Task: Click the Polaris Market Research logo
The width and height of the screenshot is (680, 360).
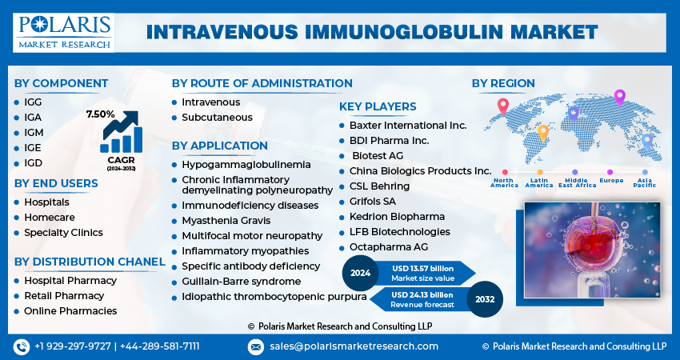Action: [x=64, y=33]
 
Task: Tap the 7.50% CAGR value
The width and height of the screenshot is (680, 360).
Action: [x=100, y=114]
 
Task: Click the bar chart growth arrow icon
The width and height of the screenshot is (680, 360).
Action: [x=121, y=132]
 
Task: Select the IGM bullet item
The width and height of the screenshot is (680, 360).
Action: [x=34, y=133]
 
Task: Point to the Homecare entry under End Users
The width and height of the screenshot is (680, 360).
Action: [x=50, y=218]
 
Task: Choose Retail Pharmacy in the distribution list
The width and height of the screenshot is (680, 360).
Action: [x=64, y=296]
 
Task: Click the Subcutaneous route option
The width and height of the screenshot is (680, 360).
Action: [x=217, y=118]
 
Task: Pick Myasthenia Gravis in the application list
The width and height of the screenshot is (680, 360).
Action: [x=226, y=221]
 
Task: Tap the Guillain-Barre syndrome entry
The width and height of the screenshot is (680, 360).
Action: [x=241, y=282]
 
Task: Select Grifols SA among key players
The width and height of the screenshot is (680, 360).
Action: [x=373, y=202]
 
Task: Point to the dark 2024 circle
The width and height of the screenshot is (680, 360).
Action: [x=360, y=274]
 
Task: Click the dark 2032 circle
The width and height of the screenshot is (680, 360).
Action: [x=485, y=299]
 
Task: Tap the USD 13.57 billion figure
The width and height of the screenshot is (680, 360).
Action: [x=422, y=269]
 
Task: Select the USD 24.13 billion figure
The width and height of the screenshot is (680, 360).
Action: [x=422, y=295]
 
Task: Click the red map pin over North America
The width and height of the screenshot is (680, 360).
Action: [x=502, y=106]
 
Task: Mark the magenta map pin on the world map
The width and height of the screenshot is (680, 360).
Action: [x=620, y=98]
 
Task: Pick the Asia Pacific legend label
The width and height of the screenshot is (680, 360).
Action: [x=645, y=183]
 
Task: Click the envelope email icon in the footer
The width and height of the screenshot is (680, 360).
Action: [x=255, y=347]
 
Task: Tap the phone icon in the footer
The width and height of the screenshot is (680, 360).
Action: [x=22, y=347]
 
